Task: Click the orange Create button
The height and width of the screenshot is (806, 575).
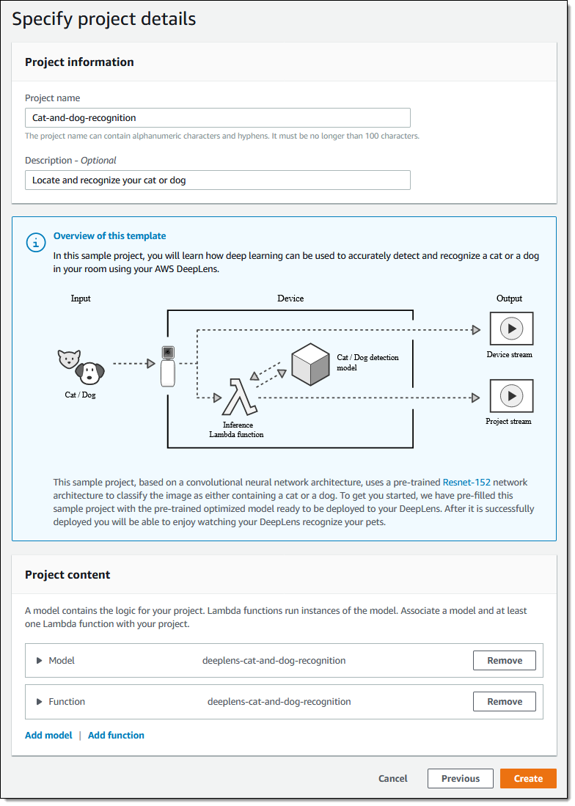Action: pos(528,778)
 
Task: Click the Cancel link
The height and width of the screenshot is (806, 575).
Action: pos(393,778)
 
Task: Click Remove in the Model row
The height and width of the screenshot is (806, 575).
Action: pos(504,660)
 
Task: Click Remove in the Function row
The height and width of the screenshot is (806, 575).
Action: pos(504,701)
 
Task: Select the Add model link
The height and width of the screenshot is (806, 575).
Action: pos(48,735)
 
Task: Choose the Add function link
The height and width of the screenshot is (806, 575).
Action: pos(116,735)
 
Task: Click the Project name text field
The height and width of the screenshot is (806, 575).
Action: pos(217,117)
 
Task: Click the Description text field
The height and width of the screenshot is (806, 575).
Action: pos(217,180)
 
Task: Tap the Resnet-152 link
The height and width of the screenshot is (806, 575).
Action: pos(466,483)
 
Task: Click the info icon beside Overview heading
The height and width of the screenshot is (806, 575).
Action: pos(36,243)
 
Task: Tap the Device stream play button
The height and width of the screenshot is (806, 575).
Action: pos(510,329)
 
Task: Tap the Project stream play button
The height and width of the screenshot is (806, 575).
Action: pos(510,396)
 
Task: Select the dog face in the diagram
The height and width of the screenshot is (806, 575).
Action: pos(90,374)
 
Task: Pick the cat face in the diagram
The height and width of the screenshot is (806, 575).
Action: pos(69,359)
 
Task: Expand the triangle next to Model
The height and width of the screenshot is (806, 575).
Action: pos(40,660)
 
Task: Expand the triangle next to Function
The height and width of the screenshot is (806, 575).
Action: pos(40,701)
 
